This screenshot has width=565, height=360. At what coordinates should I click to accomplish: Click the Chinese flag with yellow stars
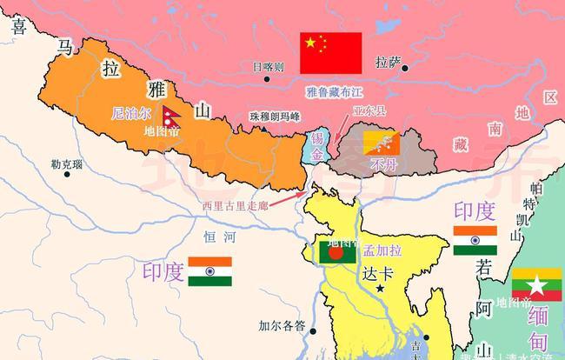click(330, 53)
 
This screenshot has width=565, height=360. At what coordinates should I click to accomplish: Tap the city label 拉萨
click(387, 63)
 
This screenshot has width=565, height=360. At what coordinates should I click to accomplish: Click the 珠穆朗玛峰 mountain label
click(274, 117)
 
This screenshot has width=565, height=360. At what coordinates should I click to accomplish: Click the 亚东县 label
click(369, 111)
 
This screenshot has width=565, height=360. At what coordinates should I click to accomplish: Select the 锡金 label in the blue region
click(316, 146)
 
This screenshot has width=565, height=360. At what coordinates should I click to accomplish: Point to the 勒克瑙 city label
click(67, 163)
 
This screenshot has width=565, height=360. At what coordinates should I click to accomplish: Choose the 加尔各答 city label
click(282, 327)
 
